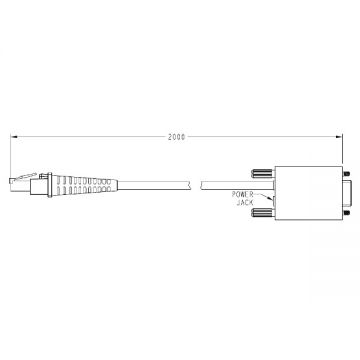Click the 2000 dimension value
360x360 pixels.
[176, 137]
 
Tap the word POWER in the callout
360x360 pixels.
[243, 195]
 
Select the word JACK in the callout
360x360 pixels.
[245, 203]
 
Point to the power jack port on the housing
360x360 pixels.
[274, 201]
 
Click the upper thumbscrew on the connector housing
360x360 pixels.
[263, 173]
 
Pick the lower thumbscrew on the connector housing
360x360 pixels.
[263, 212]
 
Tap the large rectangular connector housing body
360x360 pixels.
[309, 193]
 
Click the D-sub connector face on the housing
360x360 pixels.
[348, 193]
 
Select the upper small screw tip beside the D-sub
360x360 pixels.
[346, 174]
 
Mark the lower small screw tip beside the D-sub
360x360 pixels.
[346, 213]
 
